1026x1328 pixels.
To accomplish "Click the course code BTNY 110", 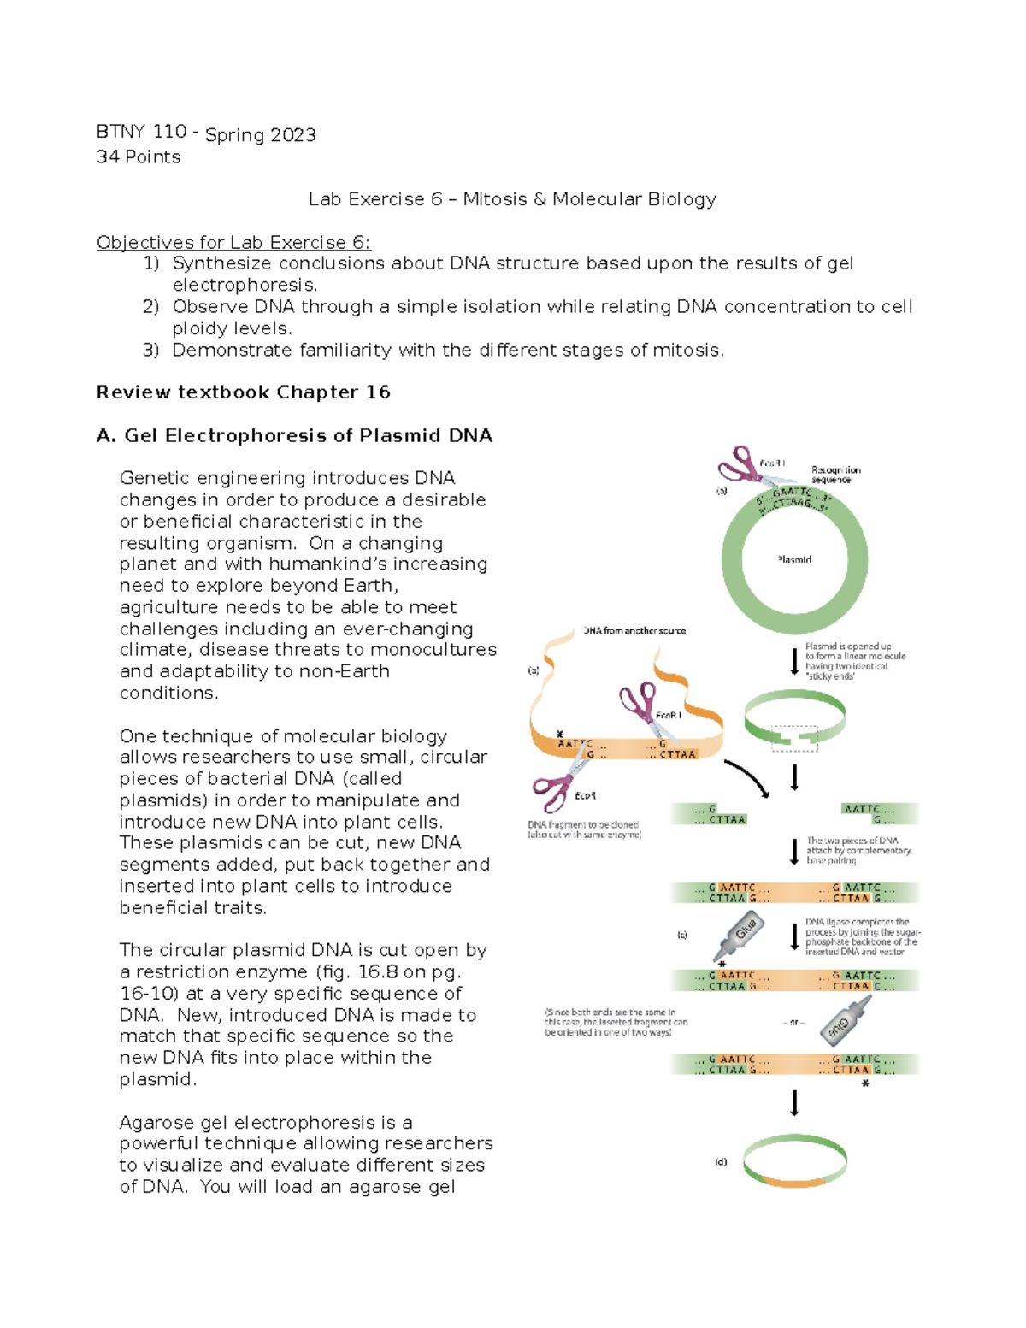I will click(x=141, y=132).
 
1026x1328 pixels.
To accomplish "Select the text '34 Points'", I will click(x=139, y=157).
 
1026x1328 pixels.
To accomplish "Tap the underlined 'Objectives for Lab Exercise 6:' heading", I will click(x=233, y=243).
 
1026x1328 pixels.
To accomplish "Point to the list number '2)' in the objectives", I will click(x=151, y=307).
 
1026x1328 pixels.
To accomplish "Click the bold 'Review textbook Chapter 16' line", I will click(x=243, y=392).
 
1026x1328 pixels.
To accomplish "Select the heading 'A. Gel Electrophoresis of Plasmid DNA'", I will click(x=294, y=436).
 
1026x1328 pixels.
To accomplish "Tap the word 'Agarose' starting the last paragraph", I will click(x=156, y=1123).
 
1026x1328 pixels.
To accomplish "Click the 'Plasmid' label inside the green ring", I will click(x=794, y=559).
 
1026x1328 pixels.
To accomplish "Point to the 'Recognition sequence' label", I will click(x=835, y=475).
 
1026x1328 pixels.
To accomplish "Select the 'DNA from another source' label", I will click(x=634, y=631).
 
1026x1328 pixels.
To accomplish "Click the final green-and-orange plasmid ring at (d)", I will click(x=794, y=1160).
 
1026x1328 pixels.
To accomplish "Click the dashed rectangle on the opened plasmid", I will click(x=794, y=739).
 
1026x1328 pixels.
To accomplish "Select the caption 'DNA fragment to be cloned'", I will click(x=583, y=825).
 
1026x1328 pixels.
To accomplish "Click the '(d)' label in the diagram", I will click(x=721, y=1162).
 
